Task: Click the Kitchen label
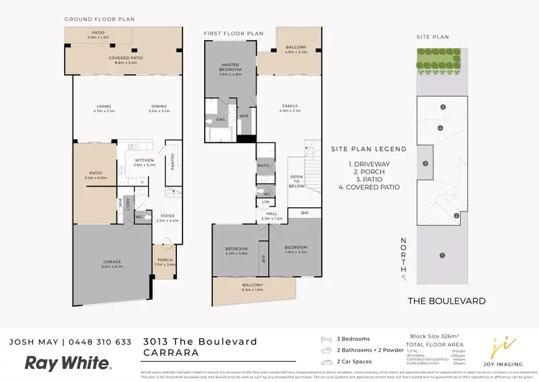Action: [144, 162]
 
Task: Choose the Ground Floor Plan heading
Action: [99, 19]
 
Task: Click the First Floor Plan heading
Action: [233, 33]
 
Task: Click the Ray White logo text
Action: [68, 362]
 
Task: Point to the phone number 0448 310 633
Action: [106, 342]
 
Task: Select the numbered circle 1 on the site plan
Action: [443, 255]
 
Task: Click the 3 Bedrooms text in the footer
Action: [353, 339]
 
